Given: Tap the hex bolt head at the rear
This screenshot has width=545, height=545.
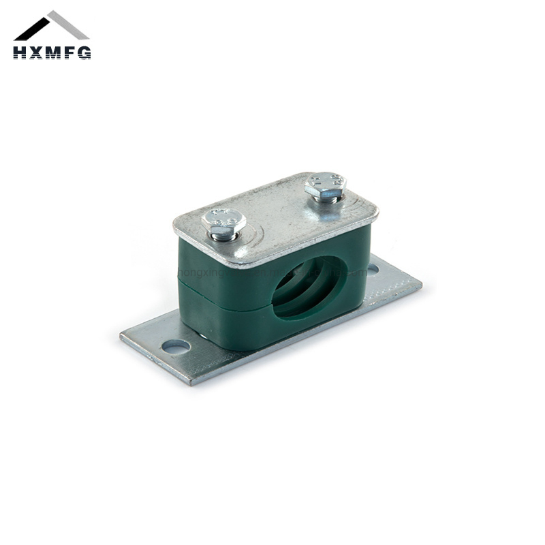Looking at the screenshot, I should click(326, 183).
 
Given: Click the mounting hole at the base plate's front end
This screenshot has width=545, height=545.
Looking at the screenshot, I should click(176, 347).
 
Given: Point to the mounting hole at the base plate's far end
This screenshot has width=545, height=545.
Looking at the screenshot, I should click(373, 270).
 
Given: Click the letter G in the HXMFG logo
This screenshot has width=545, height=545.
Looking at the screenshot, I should click(84, 52).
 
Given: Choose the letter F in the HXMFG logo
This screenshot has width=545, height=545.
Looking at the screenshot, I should click(69, 52).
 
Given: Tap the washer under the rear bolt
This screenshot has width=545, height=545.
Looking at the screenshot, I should click(327, 197).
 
